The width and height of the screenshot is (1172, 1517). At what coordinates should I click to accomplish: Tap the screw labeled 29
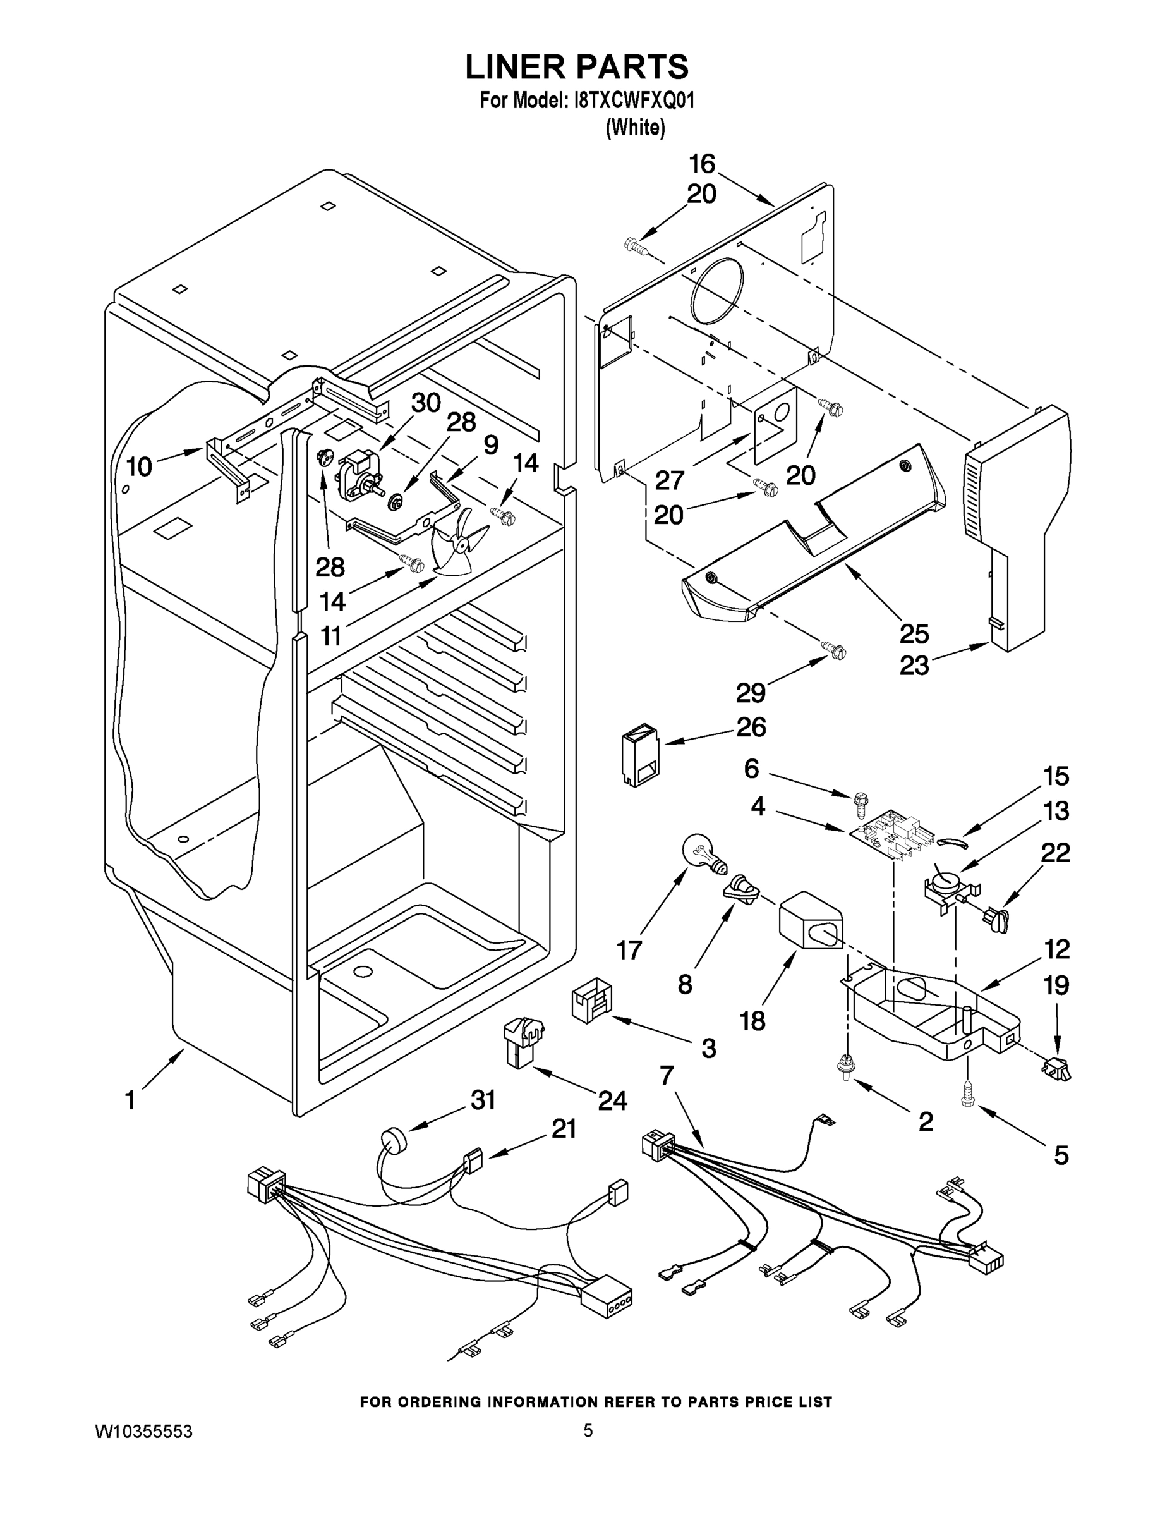coord(834,651)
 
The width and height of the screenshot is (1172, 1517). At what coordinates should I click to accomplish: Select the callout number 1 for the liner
coord(130,1100)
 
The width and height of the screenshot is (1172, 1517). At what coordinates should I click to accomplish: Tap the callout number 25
coord(914,633)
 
